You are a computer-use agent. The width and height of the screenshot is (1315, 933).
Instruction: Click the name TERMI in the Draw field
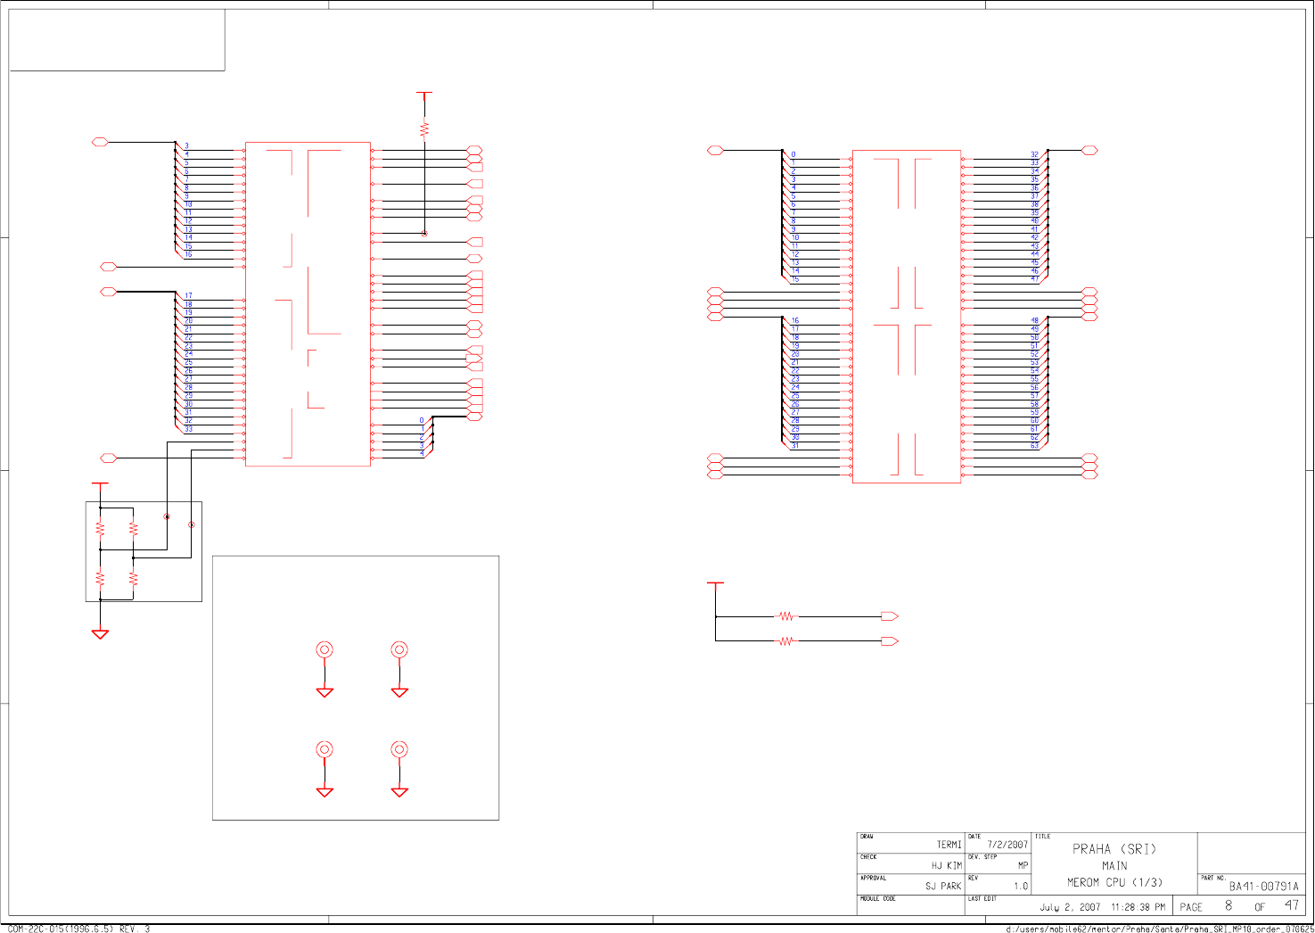click(949, 845)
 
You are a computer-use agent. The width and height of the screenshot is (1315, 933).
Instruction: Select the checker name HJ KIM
click(946, 865)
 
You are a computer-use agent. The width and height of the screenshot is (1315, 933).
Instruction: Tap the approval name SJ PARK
click(942, 886)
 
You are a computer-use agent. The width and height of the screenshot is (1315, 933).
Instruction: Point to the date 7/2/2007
click(1007, 845)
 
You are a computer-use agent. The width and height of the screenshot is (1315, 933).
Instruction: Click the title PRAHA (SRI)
click(1114, 849)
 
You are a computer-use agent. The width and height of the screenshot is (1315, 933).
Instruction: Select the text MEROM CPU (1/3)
click(1114, 882)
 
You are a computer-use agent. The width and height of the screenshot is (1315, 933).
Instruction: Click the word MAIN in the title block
click(1114, 865)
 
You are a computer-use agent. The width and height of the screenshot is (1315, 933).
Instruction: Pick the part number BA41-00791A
click(1263, 887)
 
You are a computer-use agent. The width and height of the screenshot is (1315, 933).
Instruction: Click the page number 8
click(1228, 906)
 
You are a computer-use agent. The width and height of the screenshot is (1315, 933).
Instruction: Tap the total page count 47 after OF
click(1291, 906)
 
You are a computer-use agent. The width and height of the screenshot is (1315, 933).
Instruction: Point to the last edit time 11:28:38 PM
click(1138, 907)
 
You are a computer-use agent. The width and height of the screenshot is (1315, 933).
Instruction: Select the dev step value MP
click(1023, 865)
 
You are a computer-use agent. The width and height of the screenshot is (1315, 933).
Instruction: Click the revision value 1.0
click(1021, 887)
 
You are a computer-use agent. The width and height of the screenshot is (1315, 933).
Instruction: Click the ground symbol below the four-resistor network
click(100, 633)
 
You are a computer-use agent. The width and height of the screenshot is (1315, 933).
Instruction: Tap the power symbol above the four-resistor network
click(100, 484)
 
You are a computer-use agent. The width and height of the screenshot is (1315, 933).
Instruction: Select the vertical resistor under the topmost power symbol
click(424, 129)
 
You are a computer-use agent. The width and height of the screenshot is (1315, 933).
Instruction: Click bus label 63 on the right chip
click(1034, 445)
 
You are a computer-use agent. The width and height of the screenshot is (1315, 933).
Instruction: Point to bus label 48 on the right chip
click(1034, 320)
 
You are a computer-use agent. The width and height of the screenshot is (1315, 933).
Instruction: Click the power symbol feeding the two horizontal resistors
click(715, 584)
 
